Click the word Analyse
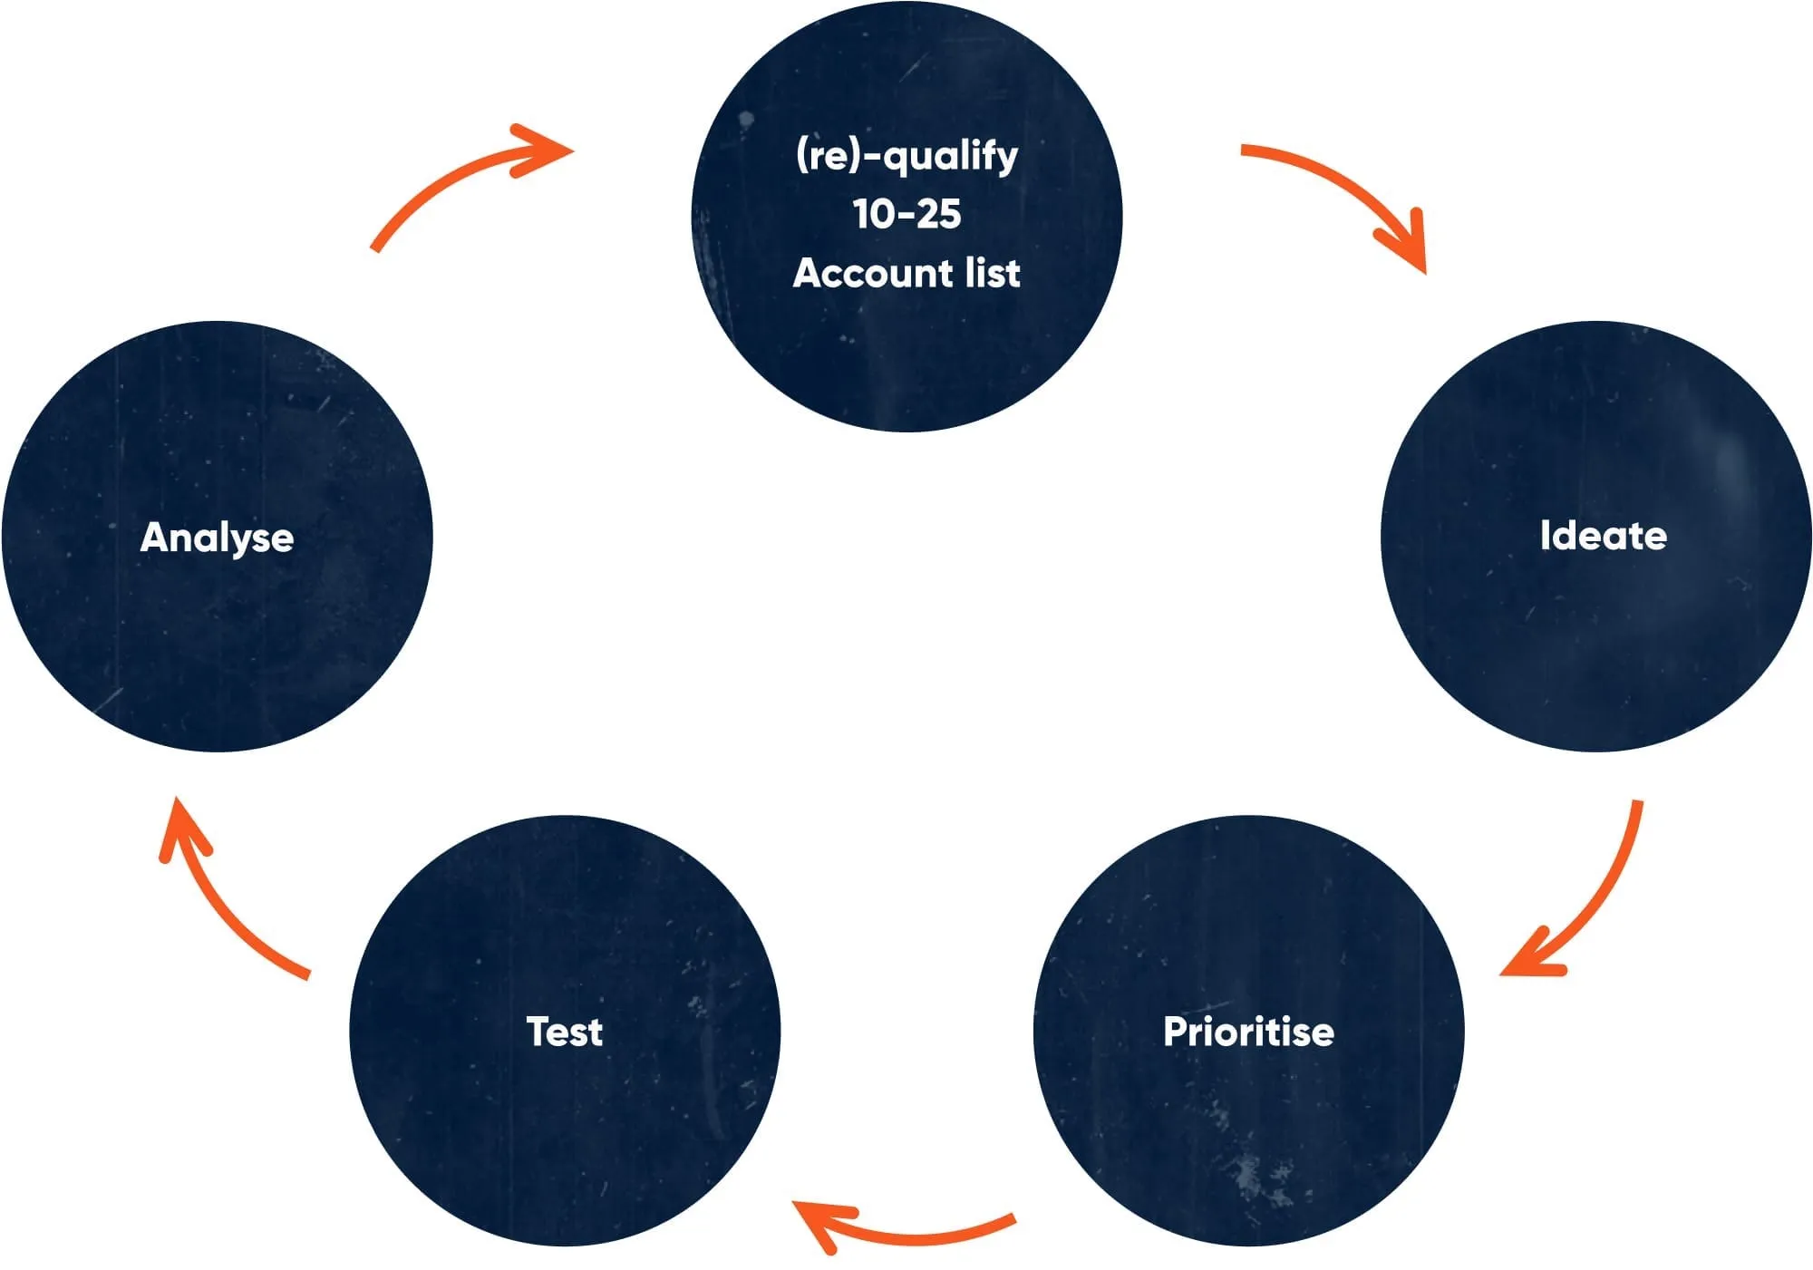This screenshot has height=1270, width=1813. coord(217,538)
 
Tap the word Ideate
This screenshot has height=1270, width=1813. coord(1603,536)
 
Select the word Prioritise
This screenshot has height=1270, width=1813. coord(1248,1032)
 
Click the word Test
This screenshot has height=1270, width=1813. coord(564,1032)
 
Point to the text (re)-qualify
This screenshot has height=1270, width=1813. coord(906,156)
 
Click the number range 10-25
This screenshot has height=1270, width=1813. coord(906,215)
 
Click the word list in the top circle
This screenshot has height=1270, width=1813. coord(993,273)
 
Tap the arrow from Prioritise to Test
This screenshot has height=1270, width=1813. coord(916,1234)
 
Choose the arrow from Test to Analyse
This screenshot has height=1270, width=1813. coord(227,897)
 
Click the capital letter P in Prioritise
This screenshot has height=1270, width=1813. coord(1176,1032)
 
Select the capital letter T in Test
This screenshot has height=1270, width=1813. coord(538,1032)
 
